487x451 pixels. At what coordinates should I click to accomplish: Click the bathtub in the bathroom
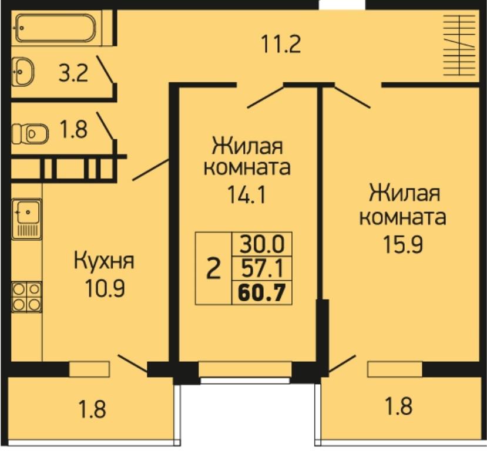[56, 28]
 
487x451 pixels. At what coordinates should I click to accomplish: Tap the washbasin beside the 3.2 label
[23, 72]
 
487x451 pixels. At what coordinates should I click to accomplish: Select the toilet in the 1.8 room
[30, 134]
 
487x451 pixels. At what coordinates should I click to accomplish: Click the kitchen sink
[26, 219]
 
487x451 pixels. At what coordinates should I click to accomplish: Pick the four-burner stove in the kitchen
[26, 297]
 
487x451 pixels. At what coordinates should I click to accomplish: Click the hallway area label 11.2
[281, 44]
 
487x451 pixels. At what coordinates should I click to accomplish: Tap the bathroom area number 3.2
[73, 73]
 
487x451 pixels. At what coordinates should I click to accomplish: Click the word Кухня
[104, 261]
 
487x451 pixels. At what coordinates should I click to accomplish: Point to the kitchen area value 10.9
[105, 289]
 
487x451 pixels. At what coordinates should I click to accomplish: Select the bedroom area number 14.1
[247, 194]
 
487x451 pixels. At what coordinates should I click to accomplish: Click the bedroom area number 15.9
[403, 244]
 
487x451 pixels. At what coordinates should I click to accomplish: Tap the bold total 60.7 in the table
[261, 292]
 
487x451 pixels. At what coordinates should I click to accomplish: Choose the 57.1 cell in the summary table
[262, 268]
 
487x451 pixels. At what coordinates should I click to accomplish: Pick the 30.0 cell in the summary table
[262, 244]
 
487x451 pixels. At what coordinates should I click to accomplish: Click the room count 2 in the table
[213, 268]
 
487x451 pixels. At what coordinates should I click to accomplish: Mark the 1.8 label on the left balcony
[92, 409]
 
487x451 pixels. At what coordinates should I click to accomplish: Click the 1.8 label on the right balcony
[399, 406]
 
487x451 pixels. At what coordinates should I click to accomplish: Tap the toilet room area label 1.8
[73, 129]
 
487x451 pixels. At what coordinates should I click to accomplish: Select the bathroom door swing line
[105, 69]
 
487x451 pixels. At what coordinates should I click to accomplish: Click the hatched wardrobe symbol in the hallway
[459, 45]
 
